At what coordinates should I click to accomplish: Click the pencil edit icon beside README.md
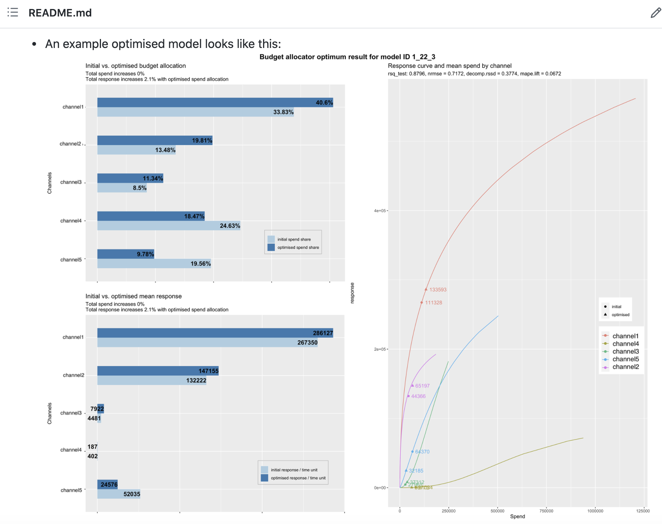click(x=655, y=13)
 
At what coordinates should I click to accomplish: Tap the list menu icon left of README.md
click(x=13, y=12)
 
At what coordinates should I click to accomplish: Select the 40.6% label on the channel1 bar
click(x=324, y=103)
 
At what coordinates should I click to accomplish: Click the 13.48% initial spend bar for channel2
click(x=136, y=150)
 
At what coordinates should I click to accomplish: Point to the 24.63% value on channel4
click(x=230, y=226)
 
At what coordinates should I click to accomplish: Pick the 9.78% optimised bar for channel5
click(x=125, y=254)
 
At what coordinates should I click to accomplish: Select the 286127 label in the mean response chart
click(x=323, y=333)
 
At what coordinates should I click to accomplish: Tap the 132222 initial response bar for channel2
click(x=152, y=380)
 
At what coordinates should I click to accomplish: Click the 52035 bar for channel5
click(x=119, y=494)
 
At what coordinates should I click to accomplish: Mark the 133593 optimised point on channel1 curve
click(x=426, y=289)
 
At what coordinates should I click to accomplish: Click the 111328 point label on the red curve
click(x=433, y=302)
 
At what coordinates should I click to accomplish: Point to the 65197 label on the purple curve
click(x=422, y=386)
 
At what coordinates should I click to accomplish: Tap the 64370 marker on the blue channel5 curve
click(x=412, y=452)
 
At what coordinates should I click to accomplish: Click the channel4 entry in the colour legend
click(x=625, y=344)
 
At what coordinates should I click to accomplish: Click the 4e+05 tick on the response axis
click(x=380, y=211)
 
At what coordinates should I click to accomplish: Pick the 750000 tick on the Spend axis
click(x=546, y=511)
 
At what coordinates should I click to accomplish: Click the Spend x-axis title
click(x=517, y=517)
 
